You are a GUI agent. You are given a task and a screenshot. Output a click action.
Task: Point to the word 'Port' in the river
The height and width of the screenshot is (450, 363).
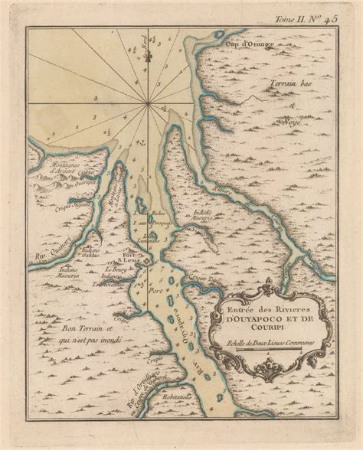click(x=158, y=291)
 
